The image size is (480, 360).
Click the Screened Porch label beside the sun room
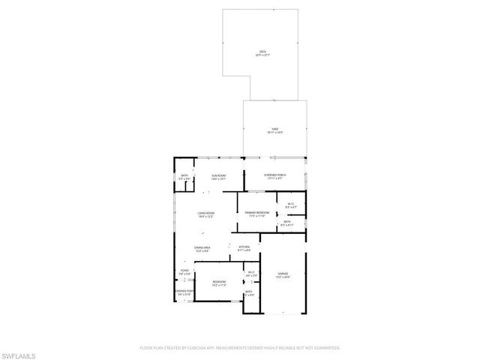click(274, 177)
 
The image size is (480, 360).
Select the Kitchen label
click(244, 249)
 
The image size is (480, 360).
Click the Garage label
click(283, 275)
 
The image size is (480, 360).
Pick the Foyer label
click(184, 273)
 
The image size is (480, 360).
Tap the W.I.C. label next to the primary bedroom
click(292, 205)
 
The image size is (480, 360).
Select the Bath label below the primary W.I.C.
click(287, 223)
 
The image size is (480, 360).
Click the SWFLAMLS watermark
click(18, 353)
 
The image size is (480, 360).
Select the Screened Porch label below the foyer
click(184, 292)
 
